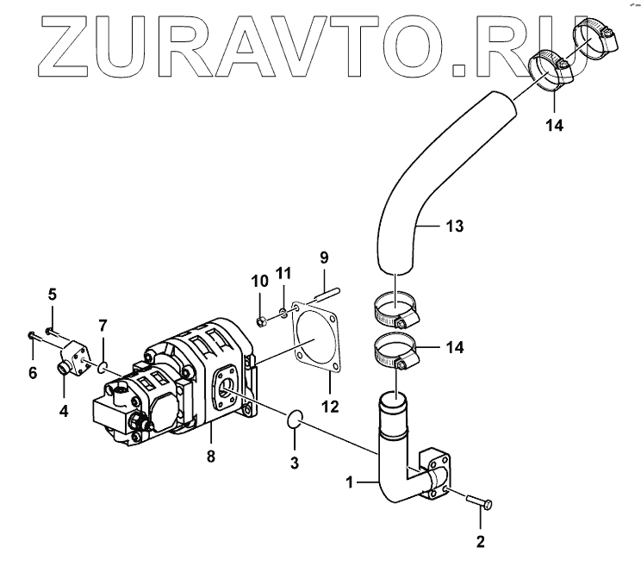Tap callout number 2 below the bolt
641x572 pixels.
coord(481,542)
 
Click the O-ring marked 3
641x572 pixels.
coord(294,420)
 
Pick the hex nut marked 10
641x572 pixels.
coord(261,321)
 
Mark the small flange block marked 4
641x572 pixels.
coord(76,358)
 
